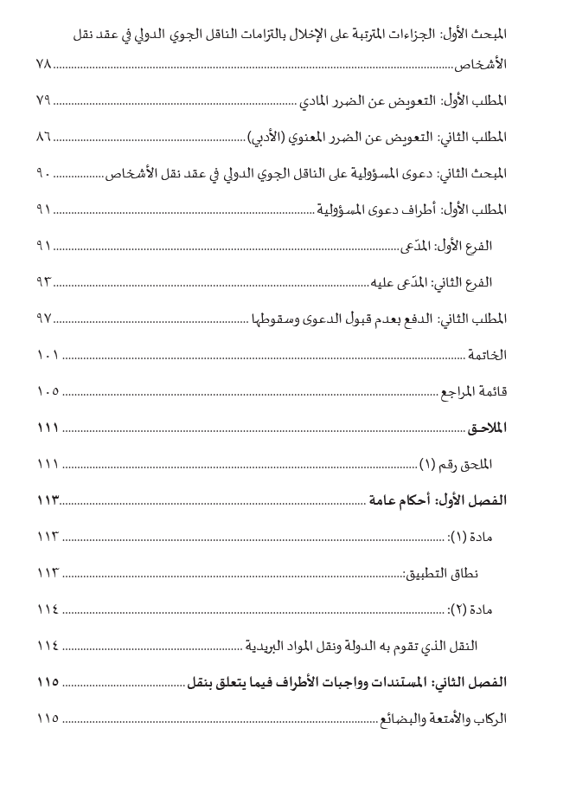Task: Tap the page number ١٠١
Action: coord(48,355)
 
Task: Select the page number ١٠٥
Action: coord(48,391)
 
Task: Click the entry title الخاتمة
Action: coord(487,355)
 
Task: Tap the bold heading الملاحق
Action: coord(488,428)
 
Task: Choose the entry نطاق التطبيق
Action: coord(442,573)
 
